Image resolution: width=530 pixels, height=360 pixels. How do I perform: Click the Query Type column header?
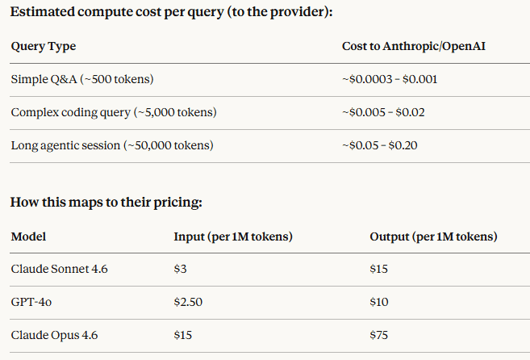point(43,46)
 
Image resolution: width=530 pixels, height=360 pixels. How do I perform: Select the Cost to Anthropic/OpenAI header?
point(413,46)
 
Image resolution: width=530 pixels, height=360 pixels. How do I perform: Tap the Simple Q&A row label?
point(82,79)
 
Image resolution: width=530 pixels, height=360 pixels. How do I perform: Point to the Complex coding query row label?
point(114,112)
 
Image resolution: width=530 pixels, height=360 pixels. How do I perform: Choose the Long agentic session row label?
point(111,145)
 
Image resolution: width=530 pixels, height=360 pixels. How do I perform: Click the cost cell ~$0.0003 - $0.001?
point(390,79)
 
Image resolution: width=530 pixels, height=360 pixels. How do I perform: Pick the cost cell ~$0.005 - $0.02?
point(382,112)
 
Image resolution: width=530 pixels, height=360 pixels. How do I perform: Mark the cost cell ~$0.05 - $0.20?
point(380,145)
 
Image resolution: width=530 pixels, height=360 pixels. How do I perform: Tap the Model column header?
point(28,237)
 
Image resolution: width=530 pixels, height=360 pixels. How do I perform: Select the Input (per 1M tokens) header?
point(233,237)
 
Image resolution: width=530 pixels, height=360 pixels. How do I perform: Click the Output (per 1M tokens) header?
point(433,237)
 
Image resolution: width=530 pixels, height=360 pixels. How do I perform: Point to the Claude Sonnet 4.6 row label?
point(59,269)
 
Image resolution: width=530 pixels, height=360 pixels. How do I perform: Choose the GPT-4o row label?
point(31,302)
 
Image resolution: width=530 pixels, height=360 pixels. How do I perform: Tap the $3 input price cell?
point(181,269)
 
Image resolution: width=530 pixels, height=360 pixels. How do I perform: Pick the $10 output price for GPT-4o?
point(379,302)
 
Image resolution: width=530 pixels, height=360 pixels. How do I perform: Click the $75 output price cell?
point(379,334)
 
